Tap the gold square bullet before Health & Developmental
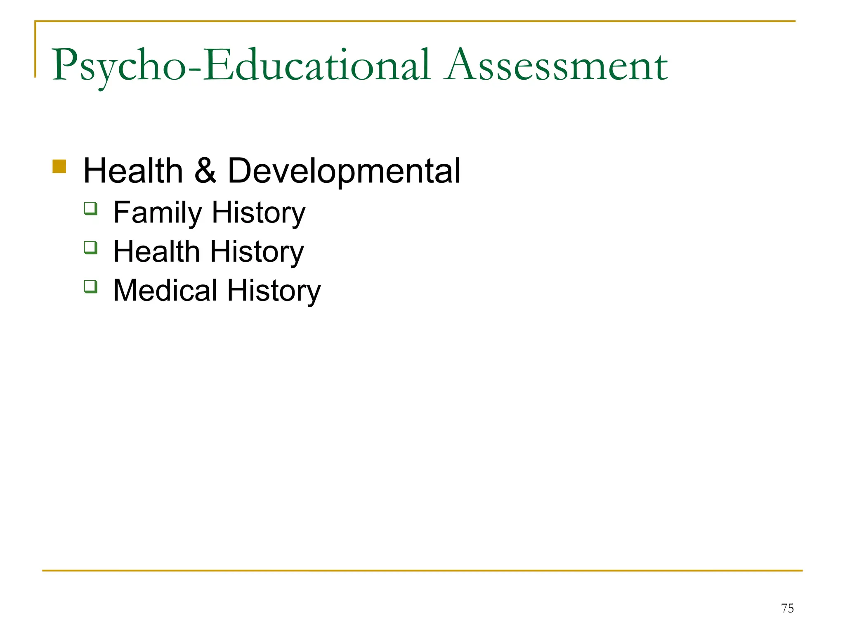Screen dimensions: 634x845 (59, 166)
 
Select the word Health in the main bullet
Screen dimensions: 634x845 (133, 171)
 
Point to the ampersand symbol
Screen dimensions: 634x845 (205, 171)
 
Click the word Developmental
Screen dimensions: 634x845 (344, 171)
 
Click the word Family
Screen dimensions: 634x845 (157, 213)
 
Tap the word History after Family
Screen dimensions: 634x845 (258, 213)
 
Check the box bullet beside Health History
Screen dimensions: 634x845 (91, 248)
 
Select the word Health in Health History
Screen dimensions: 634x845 (156, 252)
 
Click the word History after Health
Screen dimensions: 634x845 (257, 252)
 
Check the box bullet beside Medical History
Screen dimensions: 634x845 (91, 286)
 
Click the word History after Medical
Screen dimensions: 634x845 (274, 291)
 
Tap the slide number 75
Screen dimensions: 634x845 (787, 608)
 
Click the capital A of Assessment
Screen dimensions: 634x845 (461, 65)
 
